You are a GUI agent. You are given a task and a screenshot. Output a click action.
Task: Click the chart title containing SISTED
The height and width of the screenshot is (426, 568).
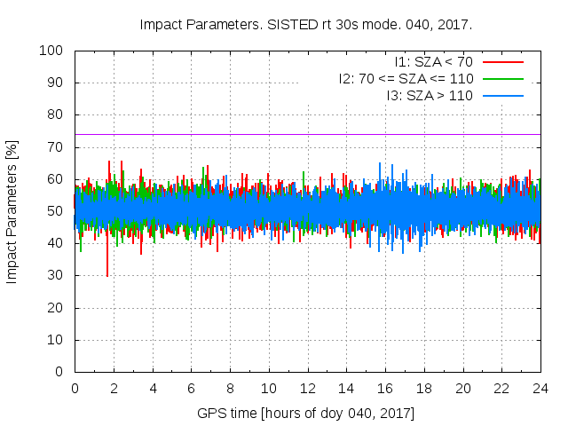point(306,24)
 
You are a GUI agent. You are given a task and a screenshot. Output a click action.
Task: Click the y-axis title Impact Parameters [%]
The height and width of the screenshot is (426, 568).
point(12,211)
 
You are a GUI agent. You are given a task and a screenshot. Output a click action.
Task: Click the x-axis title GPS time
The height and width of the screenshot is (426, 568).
point(306,414)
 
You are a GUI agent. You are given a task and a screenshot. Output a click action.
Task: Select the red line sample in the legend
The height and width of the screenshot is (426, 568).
point(504,62)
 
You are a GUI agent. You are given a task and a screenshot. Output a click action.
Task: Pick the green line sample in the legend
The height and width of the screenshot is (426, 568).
point(504,79)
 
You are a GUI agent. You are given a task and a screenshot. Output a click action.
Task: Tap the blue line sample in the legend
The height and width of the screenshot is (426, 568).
point(504,95)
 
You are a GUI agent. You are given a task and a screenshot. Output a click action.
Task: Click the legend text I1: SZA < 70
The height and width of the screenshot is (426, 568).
point(434,62)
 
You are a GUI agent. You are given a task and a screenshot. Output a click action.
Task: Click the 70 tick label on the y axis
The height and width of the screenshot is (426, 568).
point(58,147)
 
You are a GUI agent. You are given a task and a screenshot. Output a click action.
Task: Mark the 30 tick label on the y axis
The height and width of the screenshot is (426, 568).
point(58,276)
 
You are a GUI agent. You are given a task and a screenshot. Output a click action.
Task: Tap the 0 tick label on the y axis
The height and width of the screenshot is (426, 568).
point(61,372)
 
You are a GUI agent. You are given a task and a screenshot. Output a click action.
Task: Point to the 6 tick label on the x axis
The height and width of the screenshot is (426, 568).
point(191,388)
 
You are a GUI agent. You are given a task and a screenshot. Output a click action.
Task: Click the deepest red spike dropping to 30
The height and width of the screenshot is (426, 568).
point(107,273)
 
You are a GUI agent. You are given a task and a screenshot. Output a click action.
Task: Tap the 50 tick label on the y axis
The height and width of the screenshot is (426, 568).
point(58,211)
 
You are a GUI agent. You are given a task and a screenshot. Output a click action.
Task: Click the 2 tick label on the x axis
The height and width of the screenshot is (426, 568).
point(114,388)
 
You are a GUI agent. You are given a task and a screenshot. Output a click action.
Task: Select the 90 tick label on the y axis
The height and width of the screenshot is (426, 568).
point(58,83)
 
